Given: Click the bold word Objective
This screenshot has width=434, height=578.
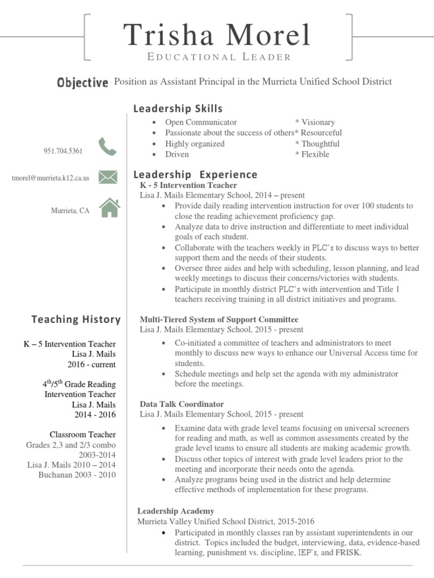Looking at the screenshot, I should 83,82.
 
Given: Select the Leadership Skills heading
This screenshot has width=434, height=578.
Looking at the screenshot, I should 177,108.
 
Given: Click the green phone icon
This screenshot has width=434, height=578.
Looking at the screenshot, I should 107,147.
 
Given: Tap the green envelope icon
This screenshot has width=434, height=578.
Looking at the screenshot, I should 107,177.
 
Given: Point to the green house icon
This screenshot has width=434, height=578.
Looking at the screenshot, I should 110,208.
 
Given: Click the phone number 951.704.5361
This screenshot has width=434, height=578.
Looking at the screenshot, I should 63,151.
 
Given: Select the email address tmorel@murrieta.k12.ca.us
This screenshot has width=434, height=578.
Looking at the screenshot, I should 50,178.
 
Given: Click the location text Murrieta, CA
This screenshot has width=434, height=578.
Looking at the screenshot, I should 70,211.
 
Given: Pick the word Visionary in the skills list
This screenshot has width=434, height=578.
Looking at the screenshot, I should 318,122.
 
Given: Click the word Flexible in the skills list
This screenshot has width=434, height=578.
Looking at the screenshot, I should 315,154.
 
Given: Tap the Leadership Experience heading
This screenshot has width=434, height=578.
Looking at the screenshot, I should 195,174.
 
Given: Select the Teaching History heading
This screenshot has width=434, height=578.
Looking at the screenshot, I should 76,319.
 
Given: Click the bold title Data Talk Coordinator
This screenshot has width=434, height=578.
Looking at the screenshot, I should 181,404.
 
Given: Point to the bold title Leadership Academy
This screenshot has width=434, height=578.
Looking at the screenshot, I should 176,511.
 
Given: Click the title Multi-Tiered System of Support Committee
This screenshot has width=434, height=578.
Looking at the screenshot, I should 219,319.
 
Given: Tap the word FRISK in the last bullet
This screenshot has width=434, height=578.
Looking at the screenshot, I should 346,553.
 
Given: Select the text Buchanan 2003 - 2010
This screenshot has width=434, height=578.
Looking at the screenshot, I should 77,475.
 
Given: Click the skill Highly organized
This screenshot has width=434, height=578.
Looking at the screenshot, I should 194,143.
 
